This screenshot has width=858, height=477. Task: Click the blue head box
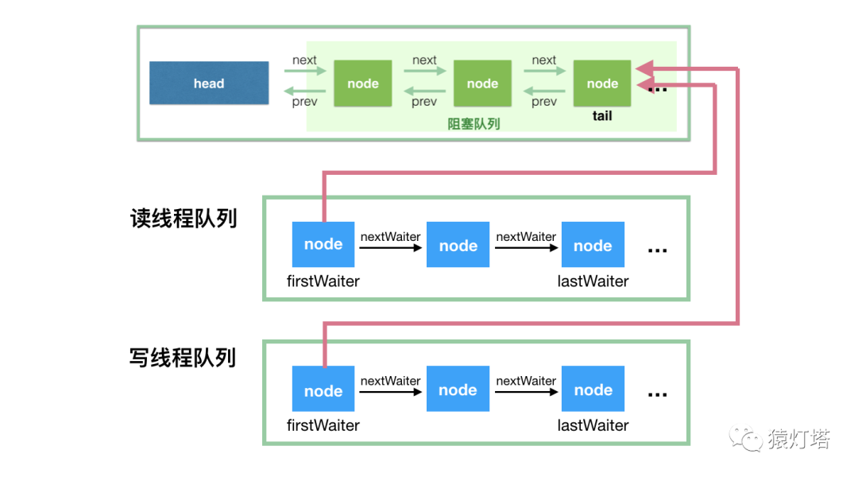[x=209, y=83]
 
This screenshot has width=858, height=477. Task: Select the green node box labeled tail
[x=602, y=83]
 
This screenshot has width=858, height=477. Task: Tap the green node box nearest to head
[x=363, y=83]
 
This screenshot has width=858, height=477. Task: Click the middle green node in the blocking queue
[x=482, y=83]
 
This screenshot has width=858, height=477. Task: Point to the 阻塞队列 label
[x=473, y=124]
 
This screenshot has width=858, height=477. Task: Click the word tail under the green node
[x=602, y=116]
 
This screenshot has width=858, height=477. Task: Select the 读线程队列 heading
[x=184, y=219]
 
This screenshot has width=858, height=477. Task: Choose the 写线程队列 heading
[x=183, y=357]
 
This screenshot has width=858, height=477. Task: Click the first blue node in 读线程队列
[x=323, y=245]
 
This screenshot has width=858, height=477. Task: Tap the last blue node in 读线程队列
[x=593, y=246]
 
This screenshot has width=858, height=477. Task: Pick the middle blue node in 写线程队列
[x=458, y=390]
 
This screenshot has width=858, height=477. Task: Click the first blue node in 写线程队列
[x=323, y=390]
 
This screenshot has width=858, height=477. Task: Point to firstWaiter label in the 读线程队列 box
[x=323, y=281]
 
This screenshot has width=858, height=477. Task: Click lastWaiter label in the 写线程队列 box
[x=593, y=425]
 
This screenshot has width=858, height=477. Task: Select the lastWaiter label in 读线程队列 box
[x=593, y=281]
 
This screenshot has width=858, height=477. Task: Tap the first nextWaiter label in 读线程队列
[x=390, y=237]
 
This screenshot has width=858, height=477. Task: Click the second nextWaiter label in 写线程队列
[x=526, y=381]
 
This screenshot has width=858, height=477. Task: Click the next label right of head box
[x=304, y=60]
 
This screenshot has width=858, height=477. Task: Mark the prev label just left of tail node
[x=544, y=102]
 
